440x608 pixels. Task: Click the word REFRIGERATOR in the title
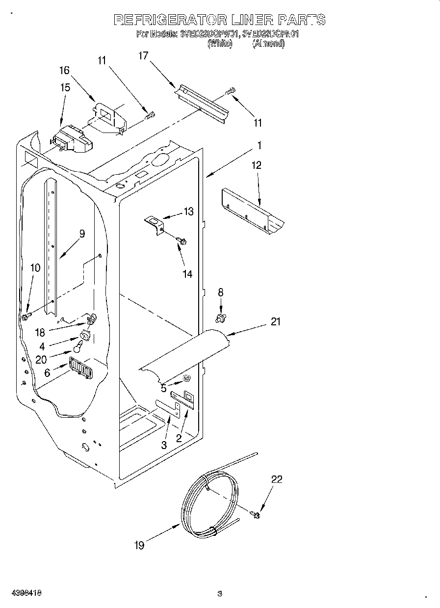pyautogui.click(x=170, y=20)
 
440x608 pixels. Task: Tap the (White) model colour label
pyautogui.click(x=220, y=43)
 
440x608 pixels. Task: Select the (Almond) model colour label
pyautogui.click(x=268, y=43)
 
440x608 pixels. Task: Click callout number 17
pyautogui.click(x=143, y=56)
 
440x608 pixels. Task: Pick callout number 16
pyautogui.click(x=65, y=70)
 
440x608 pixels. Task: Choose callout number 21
pyautogui.click(x=276, y=321)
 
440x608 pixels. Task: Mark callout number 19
pyautogui.click(x=140, y=545)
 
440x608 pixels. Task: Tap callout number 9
pyautogui.click(x=82, y=234)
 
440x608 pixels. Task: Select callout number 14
pyautogui.click(x=188, y=274)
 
